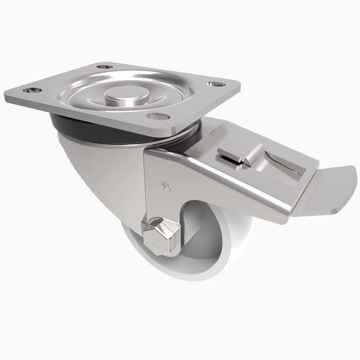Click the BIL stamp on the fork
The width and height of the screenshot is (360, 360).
166,184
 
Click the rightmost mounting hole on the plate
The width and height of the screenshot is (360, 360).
213,84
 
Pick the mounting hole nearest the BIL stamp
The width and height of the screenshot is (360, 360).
156,117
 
